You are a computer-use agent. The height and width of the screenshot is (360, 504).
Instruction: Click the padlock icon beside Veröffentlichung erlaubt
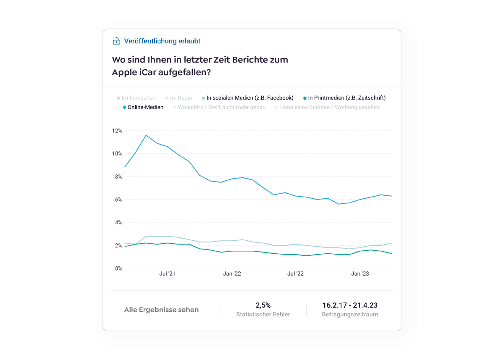tap(116, 41)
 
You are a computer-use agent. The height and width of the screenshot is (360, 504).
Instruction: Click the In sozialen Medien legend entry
tap(249, 98)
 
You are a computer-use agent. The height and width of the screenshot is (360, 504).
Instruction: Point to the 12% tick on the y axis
tap(117, 131)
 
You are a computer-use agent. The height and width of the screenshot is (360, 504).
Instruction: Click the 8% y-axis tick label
tap(118, 177)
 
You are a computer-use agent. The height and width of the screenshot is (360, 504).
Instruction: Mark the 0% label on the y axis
tap(118, 268)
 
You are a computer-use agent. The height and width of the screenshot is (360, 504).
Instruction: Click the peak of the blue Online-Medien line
tap(146, 135)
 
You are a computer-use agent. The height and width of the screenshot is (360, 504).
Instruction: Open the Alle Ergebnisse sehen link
tap(161, 310)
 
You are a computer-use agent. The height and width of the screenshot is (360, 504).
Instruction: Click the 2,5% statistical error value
tap(263, 305)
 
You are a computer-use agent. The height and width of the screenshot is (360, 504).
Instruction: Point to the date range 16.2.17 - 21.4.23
tap(350, 305)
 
